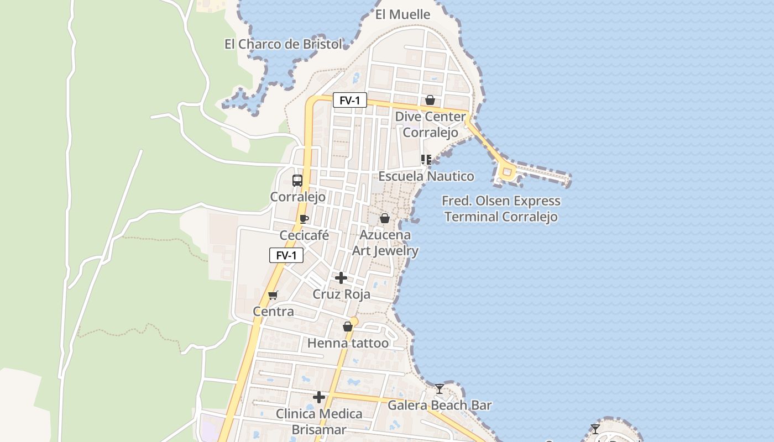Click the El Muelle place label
402,15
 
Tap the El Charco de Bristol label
283,44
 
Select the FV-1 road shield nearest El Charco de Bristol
349,101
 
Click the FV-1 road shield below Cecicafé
286,255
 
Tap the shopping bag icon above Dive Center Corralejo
430,100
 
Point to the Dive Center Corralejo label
430,124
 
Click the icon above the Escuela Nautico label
426,160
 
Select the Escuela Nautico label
426,176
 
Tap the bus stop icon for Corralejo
297,180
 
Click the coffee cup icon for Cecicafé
304,219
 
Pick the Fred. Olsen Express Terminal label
501,208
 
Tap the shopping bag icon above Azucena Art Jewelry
385,219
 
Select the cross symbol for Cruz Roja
341,277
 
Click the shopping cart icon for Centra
273,295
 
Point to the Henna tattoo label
348,343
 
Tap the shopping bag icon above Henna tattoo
347,327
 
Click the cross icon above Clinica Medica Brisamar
319,397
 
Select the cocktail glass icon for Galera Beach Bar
439,389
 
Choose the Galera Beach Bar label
439,405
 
